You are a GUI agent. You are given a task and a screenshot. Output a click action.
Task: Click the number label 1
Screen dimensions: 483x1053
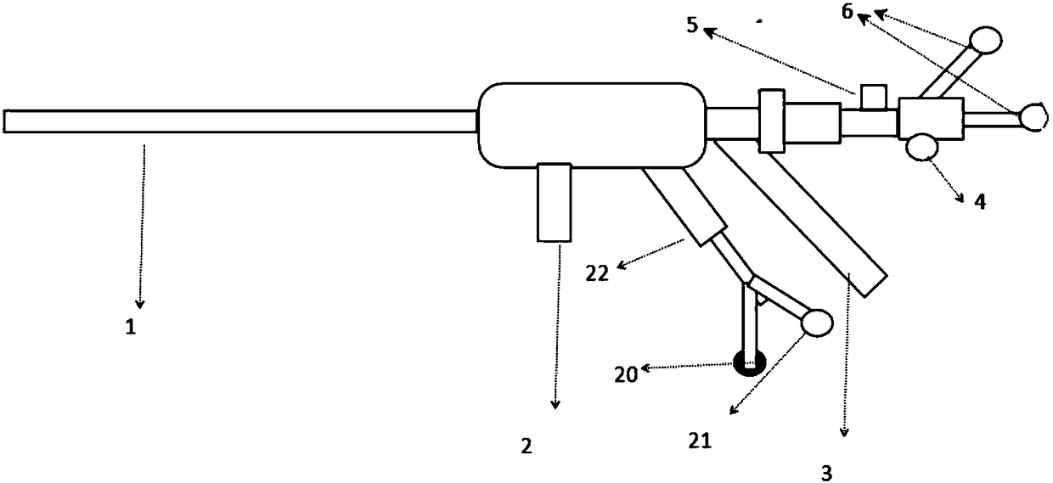(131, 328)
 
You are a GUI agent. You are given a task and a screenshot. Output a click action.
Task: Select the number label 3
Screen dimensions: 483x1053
(826, 471)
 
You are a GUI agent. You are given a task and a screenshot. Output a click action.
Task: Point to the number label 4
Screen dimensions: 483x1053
(978, 203)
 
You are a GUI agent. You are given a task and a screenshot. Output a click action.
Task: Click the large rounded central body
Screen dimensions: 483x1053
(593, 125)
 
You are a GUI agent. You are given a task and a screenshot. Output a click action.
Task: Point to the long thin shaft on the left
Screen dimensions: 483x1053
(238, 121)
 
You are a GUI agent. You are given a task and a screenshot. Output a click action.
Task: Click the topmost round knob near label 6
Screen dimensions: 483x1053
(985, 39)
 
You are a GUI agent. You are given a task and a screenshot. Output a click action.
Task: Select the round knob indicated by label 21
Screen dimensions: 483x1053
(817, 323)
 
